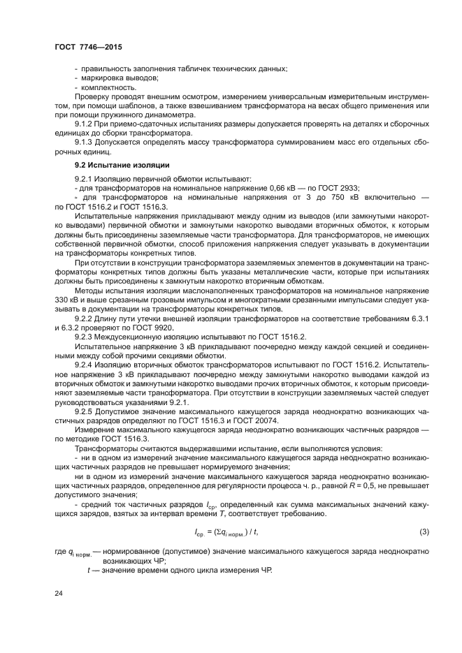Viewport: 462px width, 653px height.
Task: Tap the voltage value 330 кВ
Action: point(65,299)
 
